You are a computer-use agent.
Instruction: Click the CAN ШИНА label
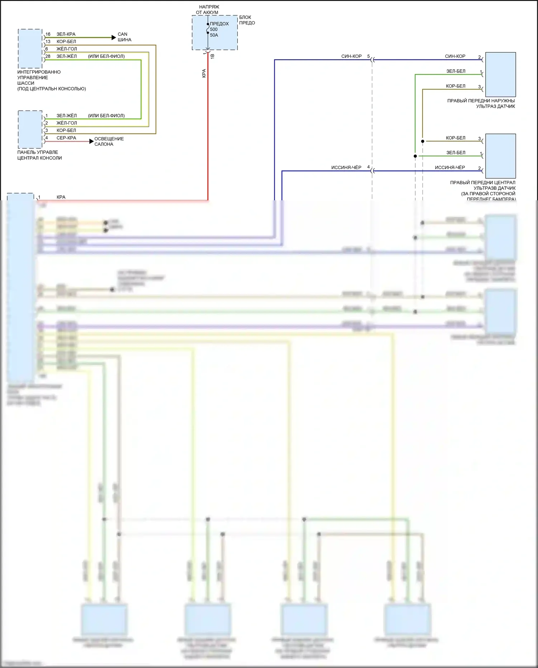[x=124, y=37]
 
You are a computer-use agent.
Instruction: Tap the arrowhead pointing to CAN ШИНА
[x=114, y=37]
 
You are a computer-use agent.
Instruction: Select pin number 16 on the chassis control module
[x=48, y=34]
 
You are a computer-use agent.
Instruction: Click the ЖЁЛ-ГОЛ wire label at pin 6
[x=66, y=49]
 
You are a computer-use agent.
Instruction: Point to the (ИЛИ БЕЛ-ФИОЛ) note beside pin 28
[x=106, y=56]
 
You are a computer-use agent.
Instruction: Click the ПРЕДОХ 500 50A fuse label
[x=219, y=29]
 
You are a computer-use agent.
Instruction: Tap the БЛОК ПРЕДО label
[x=247, y=20]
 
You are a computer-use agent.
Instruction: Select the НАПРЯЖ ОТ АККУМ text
[x=208, y=10]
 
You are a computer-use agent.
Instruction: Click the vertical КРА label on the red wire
[x=204, y=74]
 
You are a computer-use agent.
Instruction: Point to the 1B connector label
[x=212, y=56]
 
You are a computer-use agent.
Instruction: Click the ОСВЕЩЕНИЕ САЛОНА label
[x=109, y=141]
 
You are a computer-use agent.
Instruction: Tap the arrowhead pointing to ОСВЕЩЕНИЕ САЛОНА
[x=91, y=141]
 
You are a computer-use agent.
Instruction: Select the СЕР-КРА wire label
[x=66, y=138]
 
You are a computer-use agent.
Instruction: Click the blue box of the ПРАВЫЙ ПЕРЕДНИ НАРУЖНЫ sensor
[x=500, y=75]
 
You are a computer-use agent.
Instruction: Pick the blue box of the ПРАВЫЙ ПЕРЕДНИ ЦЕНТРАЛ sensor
[x=500, y=156]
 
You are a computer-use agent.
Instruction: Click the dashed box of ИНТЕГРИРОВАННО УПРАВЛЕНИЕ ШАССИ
[x=30, y=49]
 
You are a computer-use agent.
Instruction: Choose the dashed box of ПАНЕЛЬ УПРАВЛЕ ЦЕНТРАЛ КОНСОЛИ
[x=30, y=130]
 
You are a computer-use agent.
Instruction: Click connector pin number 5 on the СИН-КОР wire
[x=368, y=56]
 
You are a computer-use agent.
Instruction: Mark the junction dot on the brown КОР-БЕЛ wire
[x=423, y=141]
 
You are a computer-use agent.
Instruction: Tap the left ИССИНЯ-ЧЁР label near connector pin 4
[x=346, y=167]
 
